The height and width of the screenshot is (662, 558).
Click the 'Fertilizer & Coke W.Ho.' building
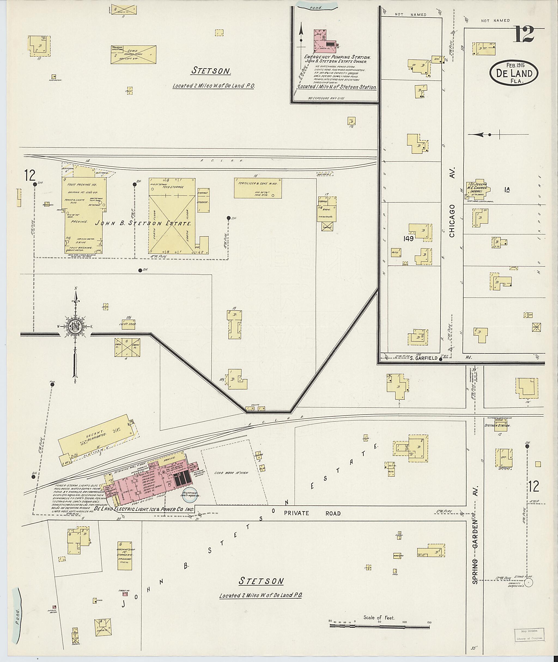point(258,188)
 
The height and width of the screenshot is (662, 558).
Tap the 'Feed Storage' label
point(173,187)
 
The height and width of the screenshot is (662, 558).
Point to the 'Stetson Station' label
point(497,426)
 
